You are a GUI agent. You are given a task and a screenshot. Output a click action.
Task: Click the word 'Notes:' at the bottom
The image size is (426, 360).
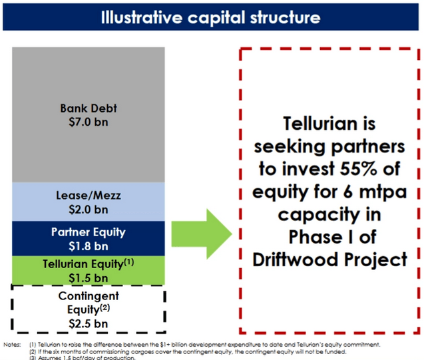[12, 344]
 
